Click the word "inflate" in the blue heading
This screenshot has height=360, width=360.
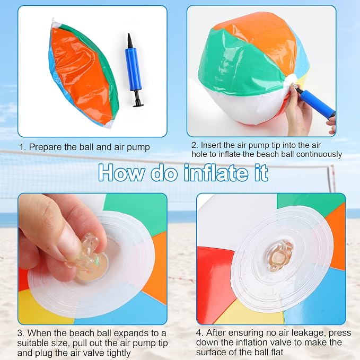click(x=216, y=172)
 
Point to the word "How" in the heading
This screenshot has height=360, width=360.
click(x=121, y=173)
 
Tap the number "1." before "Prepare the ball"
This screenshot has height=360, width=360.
click(x=22, y=147)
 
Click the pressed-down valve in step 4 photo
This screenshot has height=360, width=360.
click(x=279, y=256)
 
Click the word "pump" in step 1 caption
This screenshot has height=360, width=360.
click(x=138, y=147)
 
